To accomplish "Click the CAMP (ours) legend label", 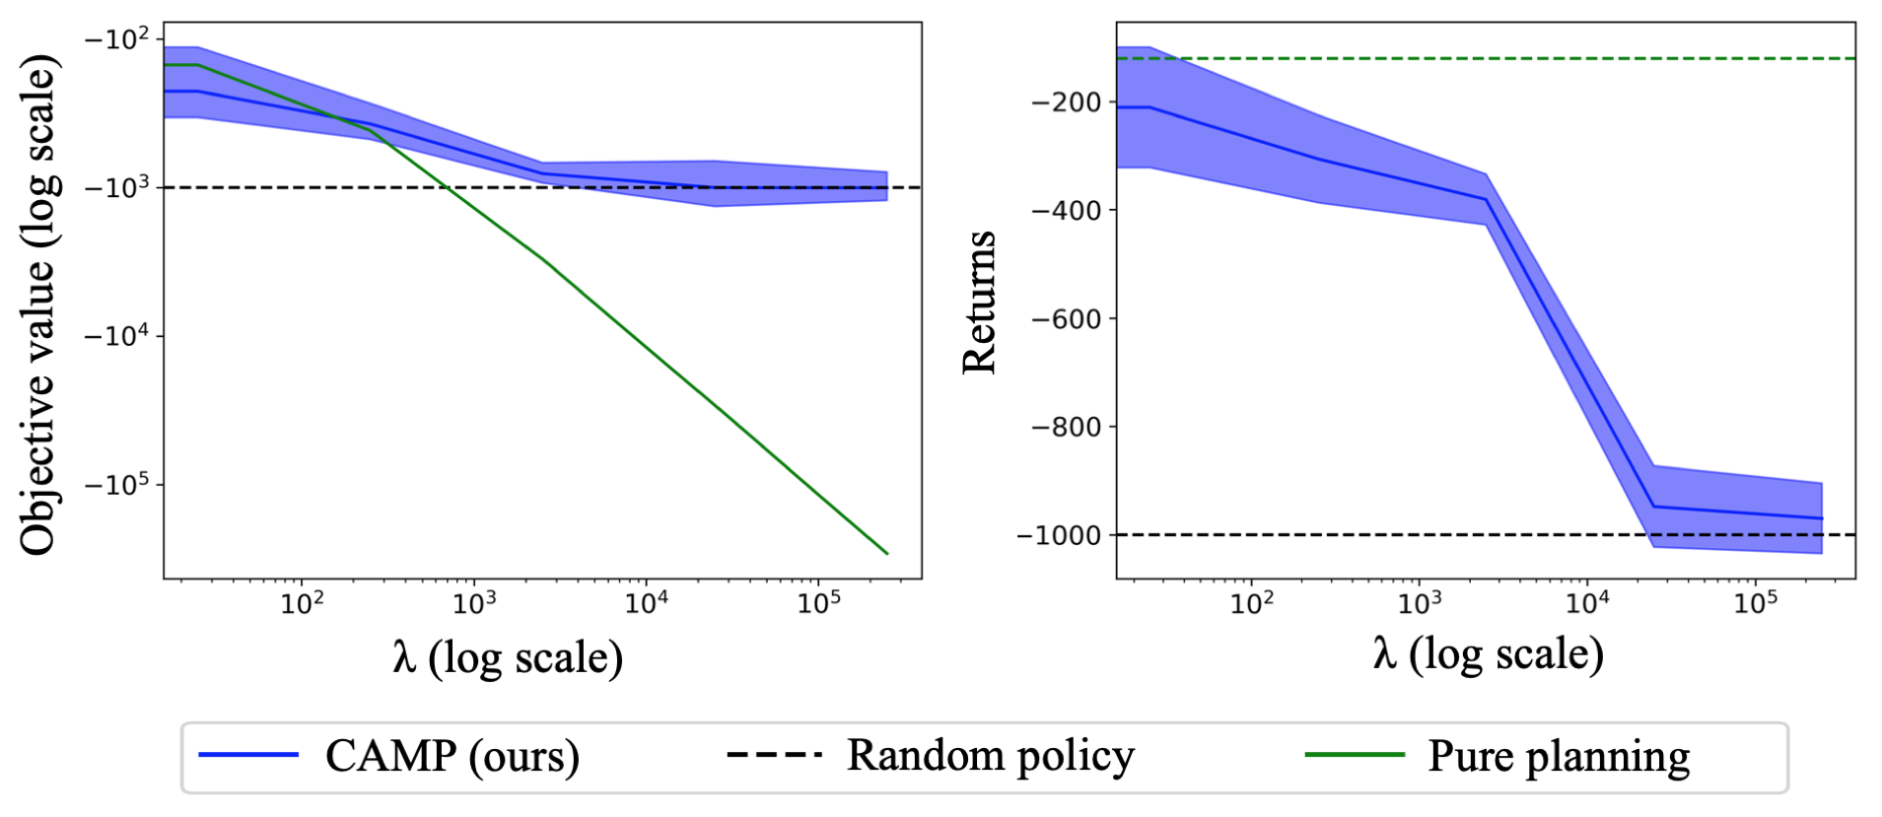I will coord(452,757).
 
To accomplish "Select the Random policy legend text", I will coord(990,756).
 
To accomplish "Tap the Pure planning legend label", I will coord(1559,757).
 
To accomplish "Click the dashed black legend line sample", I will coord(774,756).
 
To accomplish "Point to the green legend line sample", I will coord(1355,756).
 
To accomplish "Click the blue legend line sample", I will coord(248,756).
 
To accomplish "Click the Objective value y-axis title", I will coord(39,306).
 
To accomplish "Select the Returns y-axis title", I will coord(979,303).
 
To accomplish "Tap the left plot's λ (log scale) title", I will coord(508,657).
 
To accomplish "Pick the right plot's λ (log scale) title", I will coord(1488,653).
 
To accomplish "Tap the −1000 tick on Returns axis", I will coord(1059,535).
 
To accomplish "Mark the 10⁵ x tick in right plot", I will coord(1756,602).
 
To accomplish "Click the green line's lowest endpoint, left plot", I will coord(887,554).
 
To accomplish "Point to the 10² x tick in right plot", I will coord(1252,602).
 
